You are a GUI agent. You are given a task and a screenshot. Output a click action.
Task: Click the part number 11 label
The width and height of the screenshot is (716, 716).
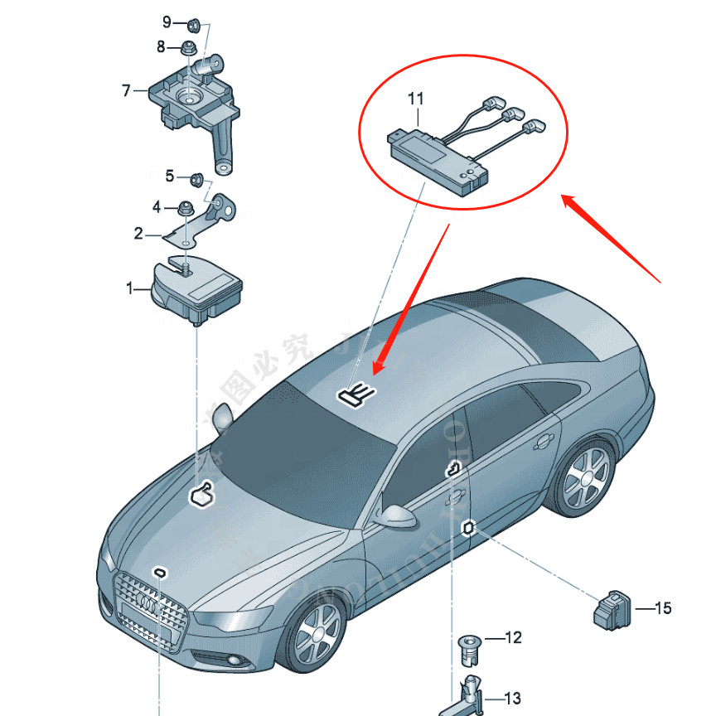415,99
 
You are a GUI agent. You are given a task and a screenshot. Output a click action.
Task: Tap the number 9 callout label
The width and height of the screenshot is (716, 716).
167,21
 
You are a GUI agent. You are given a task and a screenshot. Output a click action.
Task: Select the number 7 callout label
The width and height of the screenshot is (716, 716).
127,90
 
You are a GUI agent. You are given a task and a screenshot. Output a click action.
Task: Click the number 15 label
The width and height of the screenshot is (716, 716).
662,609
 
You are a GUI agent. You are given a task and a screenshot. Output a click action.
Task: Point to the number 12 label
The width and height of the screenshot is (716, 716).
513,637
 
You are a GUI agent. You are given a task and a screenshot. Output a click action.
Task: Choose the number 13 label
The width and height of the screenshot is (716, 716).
513,698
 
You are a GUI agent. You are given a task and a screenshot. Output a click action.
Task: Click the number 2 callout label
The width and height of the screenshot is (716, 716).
138,234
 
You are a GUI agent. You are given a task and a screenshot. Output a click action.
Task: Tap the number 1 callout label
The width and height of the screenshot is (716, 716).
129,288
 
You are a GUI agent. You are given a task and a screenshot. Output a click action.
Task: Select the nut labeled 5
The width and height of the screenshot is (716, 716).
197,178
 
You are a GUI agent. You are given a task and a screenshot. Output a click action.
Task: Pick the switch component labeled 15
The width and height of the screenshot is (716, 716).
612,609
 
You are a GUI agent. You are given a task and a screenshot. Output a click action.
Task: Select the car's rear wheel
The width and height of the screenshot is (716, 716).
587,479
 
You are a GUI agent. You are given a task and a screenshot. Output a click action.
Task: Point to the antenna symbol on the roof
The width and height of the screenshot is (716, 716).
355,393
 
